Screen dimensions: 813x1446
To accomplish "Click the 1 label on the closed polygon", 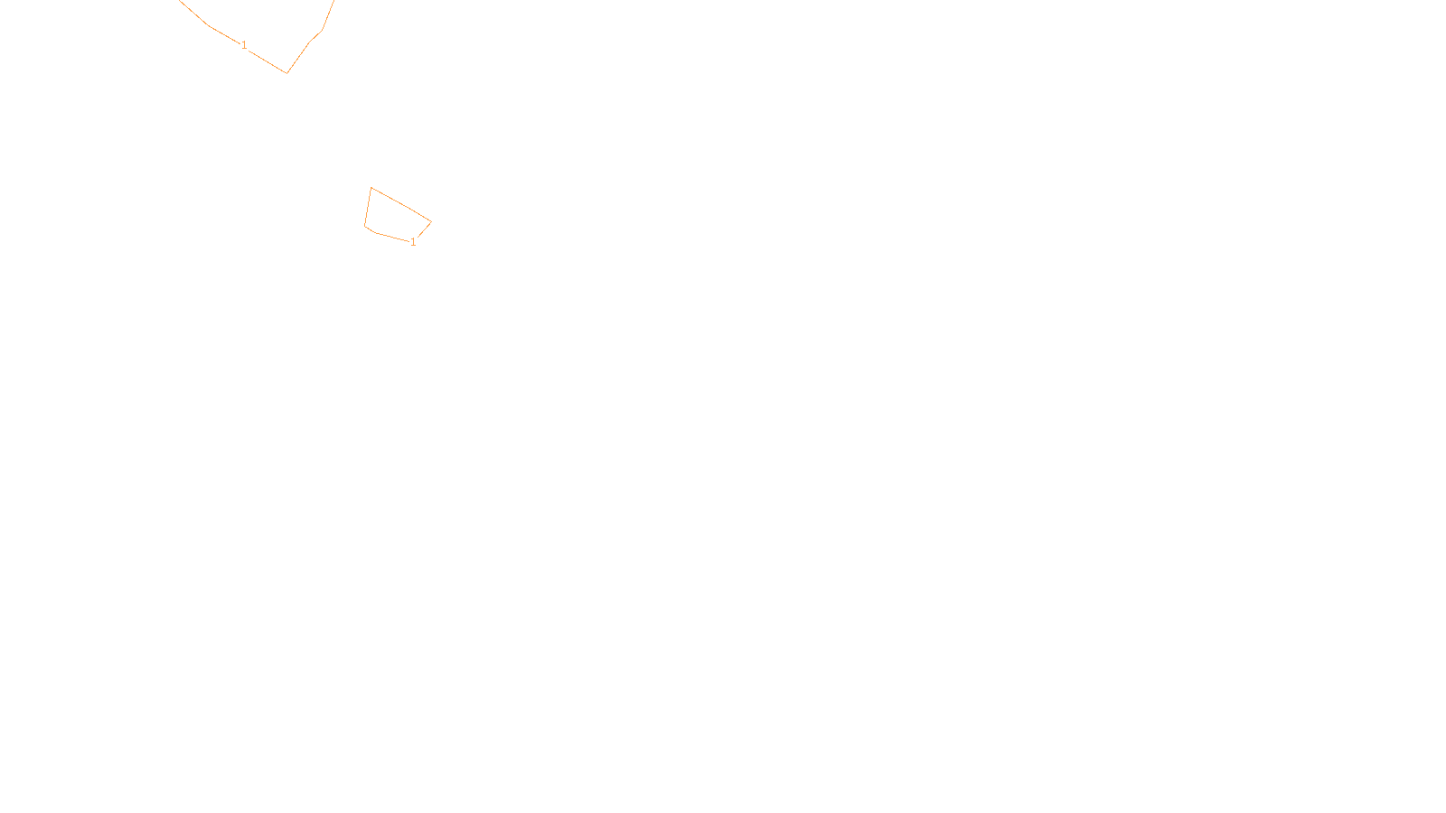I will click(x=413, y=242).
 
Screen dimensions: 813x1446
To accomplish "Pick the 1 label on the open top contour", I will click(x=244, y=45).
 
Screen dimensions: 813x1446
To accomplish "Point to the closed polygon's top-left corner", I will click(x=371, y=188).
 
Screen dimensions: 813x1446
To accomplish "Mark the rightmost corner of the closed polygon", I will click(x=431, y=221).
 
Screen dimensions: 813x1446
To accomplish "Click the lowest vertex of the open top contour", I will click(x=286, y=72).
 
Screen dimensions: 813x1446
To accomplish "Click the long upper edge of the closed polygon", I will click(x=401, y=205).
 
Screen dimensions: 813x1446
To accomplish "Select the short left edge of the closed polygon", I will click(x=368, y=208).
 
